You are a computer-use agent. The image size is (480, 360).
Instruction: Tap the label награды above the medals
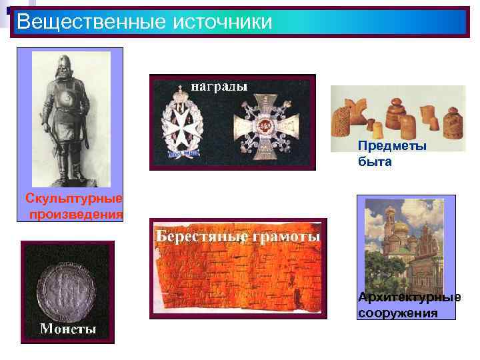click(219, 86)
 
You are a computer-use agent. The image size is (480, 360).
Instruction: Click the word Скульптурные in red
click(74, 199)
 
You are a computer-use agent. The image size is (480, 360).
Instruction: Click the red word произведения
click(76, 213)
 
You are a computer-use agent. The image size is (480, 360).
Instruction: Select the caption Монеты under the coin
click(68, 329)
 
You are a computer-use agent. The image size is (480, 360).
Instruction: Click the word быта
click(375, 161)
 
